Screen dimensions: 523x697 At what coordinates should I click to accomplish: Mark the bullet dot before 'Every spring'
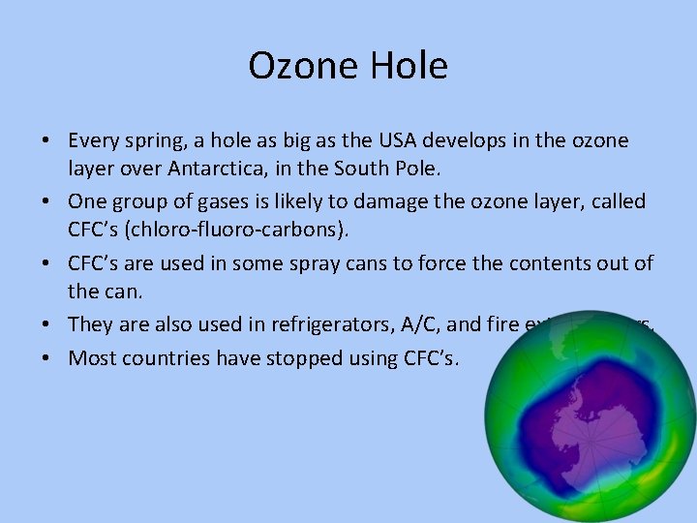[46, 142]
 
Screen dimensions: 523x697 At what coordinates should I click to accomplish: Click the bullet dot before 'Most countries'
[46, 358]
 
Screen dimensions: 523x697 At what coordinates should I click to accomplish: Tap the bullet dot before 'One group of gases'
[46, 201]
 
